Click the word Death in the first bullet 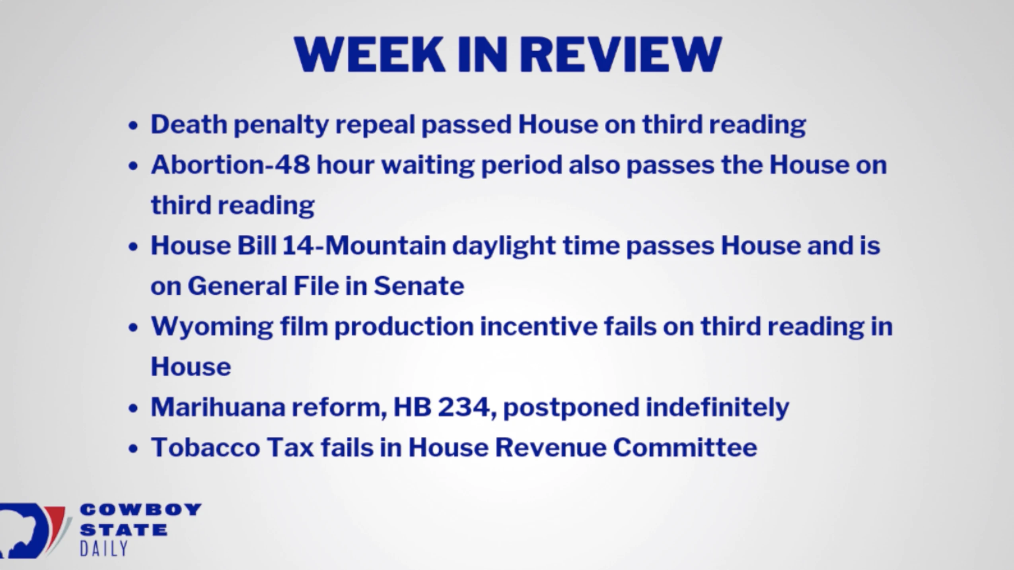click(x=189, y=124)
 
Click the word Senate click(x=419, y=286)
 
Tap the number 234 click(x=464, y=407)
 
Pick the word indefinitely click(x=717, y=408)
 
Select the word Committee click(x=685, y=447)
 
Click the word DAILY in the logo click(x=103, y=549)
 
